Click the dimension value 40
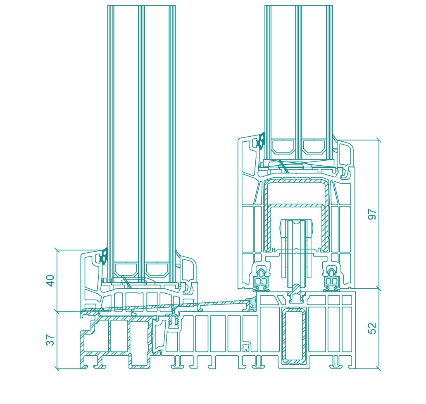(x=50, y=280)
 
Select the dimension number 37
(x=50, y=340)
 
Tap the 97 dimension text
(x=372, y=214)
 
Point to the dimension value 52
(x=372, y=328)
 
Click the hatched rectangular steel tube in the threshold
(x=295, y=336)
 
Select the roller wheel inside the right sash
(x=295, y=248)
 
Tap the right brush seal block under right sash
(x=331, y=279)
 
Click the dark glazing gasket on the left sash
(x=103, y=256)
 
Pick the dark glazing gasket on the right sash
(x=261, y=141)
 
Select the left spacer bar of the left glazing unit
(x=126, y=269)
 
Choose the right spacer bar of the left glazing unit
(x=157, y=269)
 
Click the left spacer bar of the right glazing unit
(x=283, y=147)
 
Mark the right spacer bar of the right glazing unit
(x=314, y=147)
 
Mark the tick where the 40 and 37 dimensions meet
(x=57, y=311)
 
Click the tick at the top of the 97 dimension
(x=378, y=140)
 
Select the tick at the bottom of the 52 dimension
(x=378, y=368)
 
